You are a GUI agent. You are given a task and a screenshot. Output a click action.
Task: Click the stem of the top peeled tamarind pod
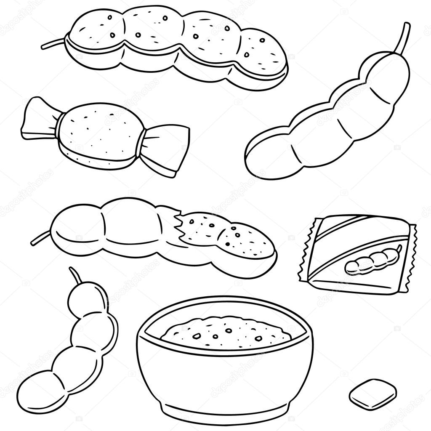(53, 43)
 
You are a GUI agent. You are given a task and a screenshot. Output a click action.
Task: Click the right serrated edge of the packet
(410, 257)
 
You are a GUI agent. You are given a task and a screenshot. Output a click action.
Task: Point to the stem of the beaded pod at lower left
(75, 276)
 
